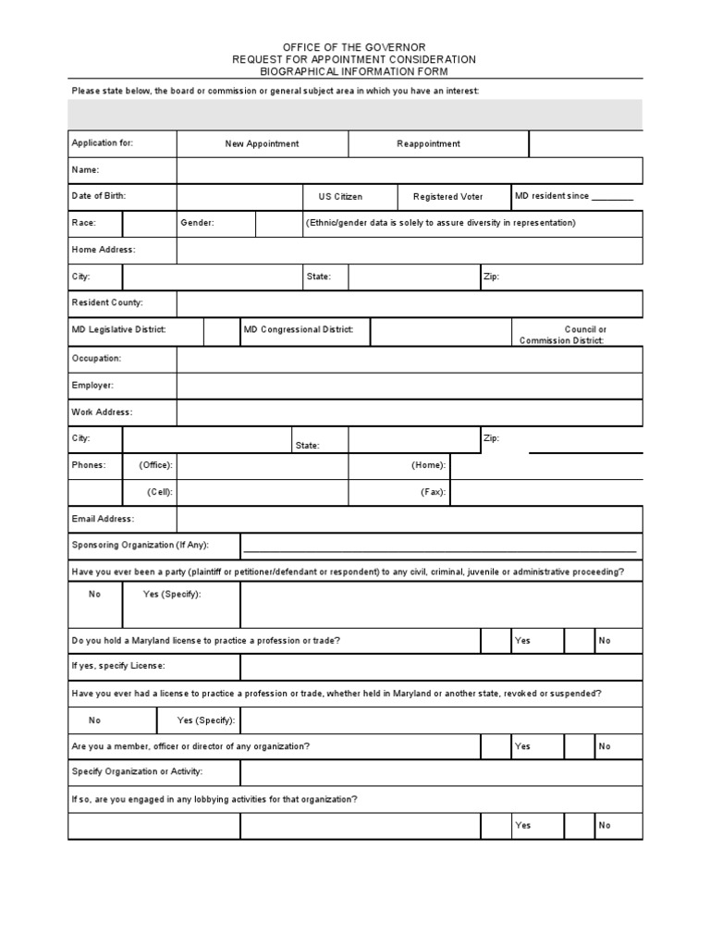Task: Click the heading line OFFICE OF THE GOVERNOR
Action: pyautogui.click(x=354, y=46)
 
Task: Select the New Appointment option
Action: pyautogui.click(x=262, y=144)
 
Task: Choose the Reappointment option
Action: pyautogui.click(x=428, y=144)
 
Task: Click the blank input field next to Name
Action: pyautogui.click(x=409, y=171)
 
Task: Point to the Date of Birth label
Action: pyautogui.click(x=98, y=197)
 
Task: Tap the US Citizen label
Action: pyautogui.click(x=340, y=197)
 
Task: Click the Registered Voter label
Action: pyautogui.click(x=447, y=197)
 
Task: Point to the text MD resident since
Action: pyautogui.click(x=552, y=197)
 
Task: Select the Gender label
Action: pyautogui.click(x=197, y=224)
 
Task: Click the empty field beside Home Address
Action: pyautogui.click(x=409, y=251)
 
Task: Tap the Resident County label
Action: pyautogui.click(x=107, y=303)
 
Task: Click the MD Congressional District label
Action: pyautogui.click(x=299, y=330)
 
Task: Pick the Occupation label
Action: pyautogui.click(x=96, y=358)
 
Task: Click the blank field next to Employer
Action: pyautogui.click(x=409, y=386)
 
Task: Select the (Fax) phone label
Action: pyautogui.click(x=433, y=493)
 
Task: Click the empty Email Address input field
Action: pyautogui.click(x=409, y=520)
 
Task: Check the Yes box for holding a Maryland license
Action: pyautogui.click(x=495, y=641)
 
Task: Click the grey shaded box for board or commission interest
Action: pyautogui.click(x=354, y=115)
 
